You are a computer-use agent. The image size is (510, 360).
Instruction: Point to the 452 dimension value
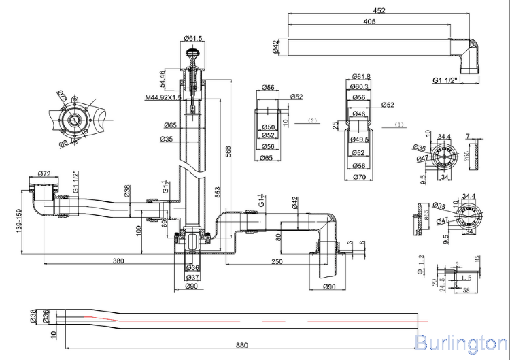pyautogui.click(x=379, y=10)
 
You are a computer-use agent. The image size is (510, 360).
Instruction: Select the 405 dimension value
pyautogui.click(x=369, y=22)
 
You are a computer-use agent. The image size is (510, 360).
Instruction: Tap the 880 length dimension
pyautogui.click(x=241, y=345)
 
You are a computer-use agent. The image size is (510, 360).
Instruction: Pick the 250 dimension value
pyautogui.click(x=277, y=261)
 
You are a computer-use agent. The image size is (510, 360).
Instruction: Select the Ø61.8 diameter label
pyautogui.click(x=361, y=76)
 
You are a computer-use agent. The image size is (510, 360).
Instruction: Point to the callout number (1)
pyautogui.click(x=400, y=125)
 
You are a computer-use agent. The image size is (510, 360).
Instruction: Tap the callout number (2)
pyautogui.click(x=312, y=120)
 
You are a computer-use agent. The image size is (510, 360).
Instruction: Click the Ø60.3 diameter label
pyautogui.click(x=360, y=86)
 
